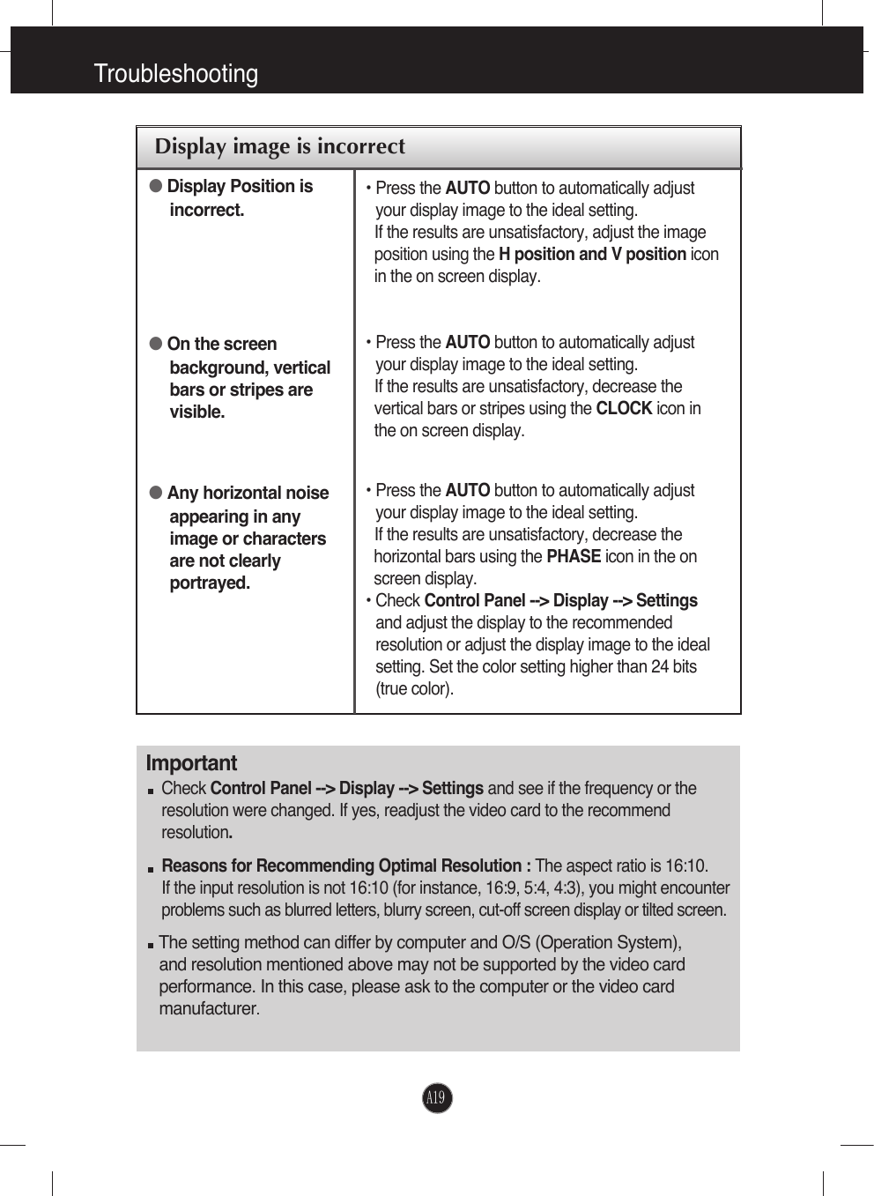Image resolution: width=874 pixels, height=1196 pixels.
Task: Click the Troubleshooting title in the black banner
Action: pyautogui.click(x=176, y=74)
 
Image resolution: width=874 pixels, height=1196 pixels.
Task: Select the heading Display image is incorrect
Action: pyautogui.click(x=279, y=146)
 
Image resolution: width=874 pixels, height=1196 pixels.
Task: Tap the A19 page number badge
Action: pyautogui.click(x=436, y=1097)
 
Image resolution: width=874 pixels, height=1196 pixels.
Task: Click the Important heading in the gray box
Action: pyautogui.click(x=191, y=763)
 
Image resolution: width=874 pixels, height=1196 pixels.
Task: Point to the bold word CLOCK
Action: pyautogui.click(x=624, y=409)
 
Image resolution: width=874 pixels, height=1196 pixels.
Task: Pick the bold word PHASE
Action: pyautogui.click(x=574, y=557)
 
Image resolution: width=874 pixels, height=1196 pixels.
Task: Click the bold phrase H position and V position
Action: pyautogui.click(x=592, y=255)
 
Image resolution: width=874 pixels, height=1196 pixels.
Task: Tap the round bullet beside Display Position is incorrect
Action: pyautogui.click(x=156, y=186)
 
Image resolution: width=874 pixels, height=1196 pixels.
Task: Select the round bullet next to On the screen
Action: pyautogui.click(x=156, y=344)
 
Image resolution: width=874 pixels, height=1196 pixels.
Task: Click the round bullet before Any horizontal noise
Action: pyautogui.click(x=156, y=493)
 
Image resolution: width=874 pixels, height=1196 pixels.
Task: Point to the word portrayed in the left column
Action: pyautogui.click(x=210, y=583)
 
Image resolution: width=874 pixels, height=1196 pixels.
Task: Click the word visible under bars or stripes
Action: pyautogui.click(x=197, y=412)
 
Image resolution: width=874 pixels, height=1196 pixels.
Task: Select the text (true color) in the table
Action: pyautogui.click(x=415, y=689)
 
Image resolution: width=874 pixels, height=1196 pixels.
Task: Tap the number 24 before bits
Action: pyautogui.click(x=660, y=667)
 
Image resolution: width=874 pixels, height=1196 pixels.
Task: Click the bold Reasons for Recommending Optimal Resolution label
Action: pyautogui.click(x=346, y=866)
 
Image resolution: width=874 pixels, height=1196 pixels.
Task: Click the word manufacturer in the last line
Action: pyautogui.click(x=209, y=1009)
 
